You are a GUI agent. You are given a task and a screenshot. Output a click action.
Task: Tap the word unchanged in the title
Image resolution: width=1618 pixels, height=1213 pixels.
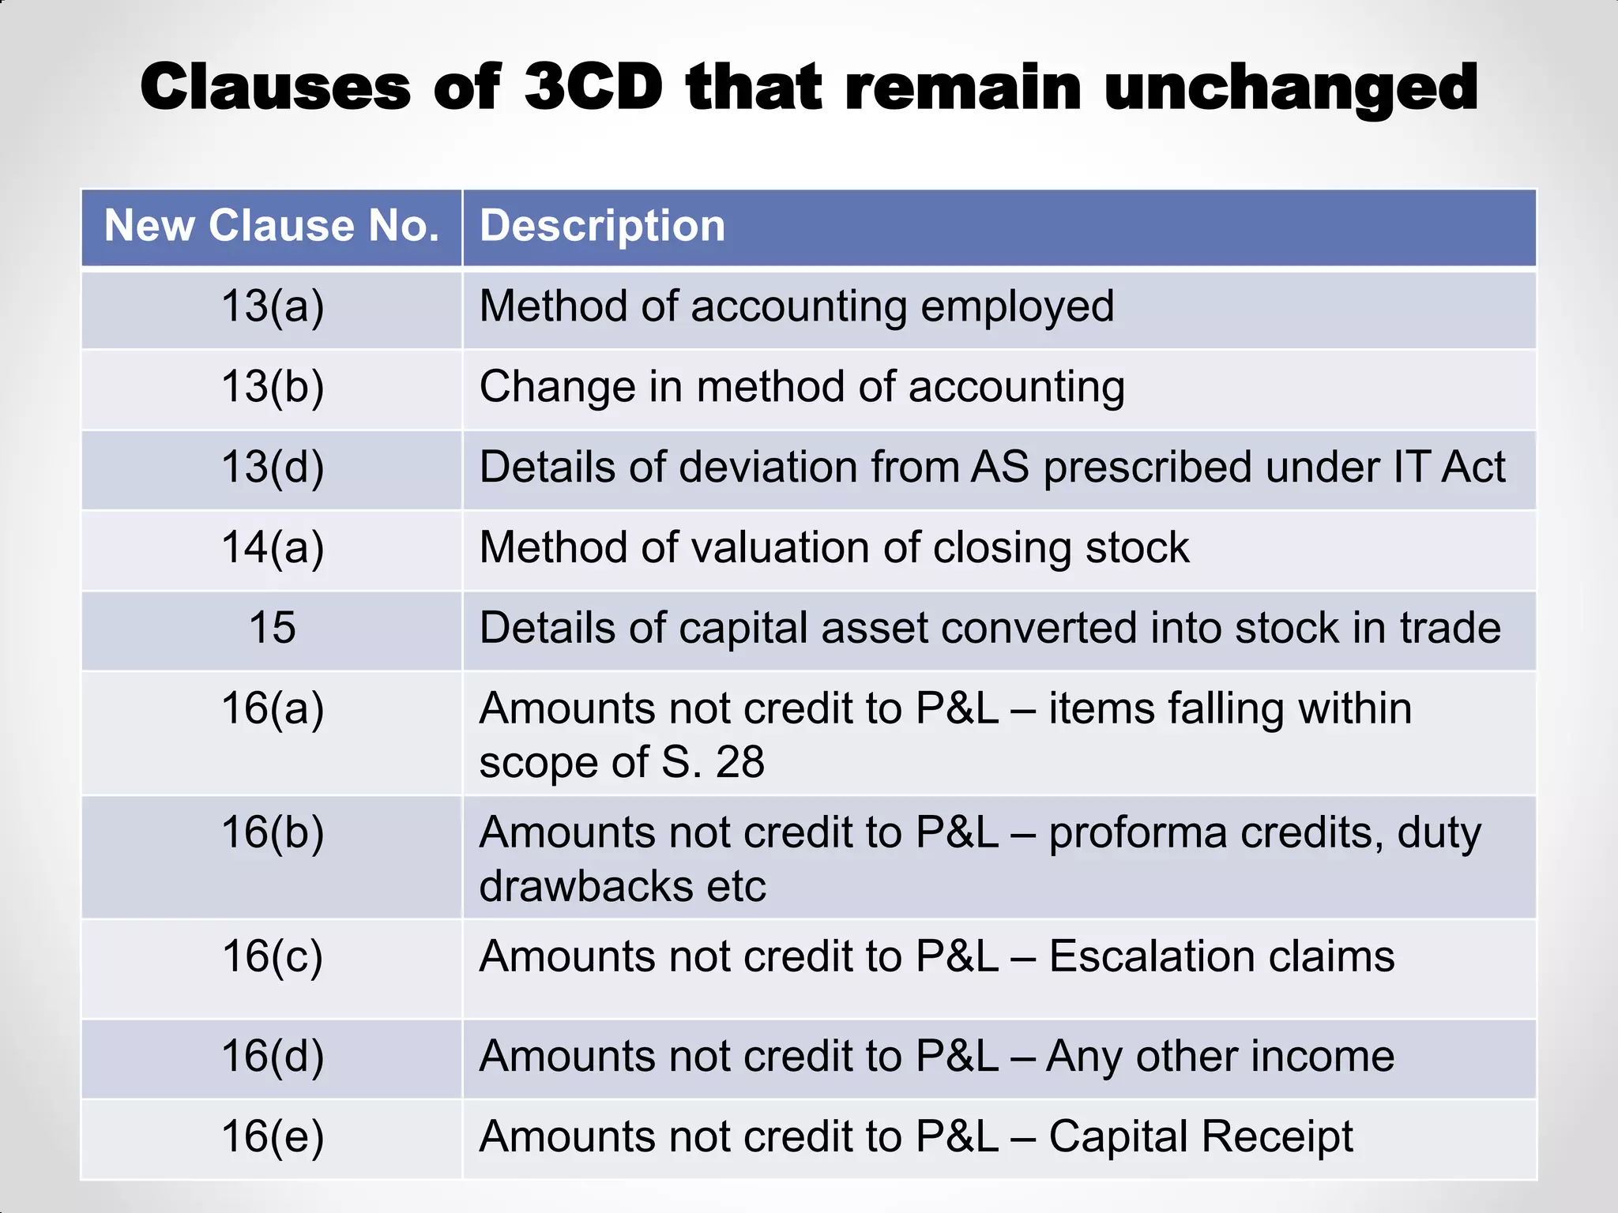click(x=1291, y=88)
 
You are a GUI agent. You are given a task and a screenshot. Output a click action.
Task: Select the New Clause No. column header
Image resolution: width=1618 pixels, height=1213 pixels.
click(x=272, y=226)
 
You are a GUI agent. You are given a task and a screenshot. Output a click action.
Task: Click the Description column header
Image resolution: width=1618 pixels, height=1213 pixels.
click(x=602, y=226)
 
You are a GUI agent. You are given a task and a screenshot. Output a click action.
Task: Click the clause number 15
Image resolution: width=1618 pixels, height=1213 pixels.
click(x=273, y=628)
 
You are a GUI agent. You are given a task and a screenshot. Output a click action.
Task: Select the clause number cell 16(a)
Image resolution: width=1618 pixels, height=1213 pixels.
click(x=273, y=708)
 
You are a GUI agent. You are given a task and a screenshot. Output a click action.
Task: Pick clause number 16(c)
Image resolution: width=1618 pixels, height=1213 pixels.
click(x=273, y=956)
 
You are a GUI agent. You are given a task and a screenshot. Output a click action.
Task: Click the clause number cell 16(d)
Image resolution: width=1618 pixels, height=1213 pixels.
click(x=273, y=1057)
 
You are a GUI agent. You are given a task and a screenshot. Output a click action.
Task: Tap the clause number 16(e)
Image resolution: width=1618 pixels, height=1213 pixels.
click(x=273, y=1137)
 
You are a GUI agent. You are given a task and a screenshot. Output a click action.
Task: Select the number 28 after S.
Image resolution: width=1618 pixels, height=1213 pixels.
click(x=740, y=762)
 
